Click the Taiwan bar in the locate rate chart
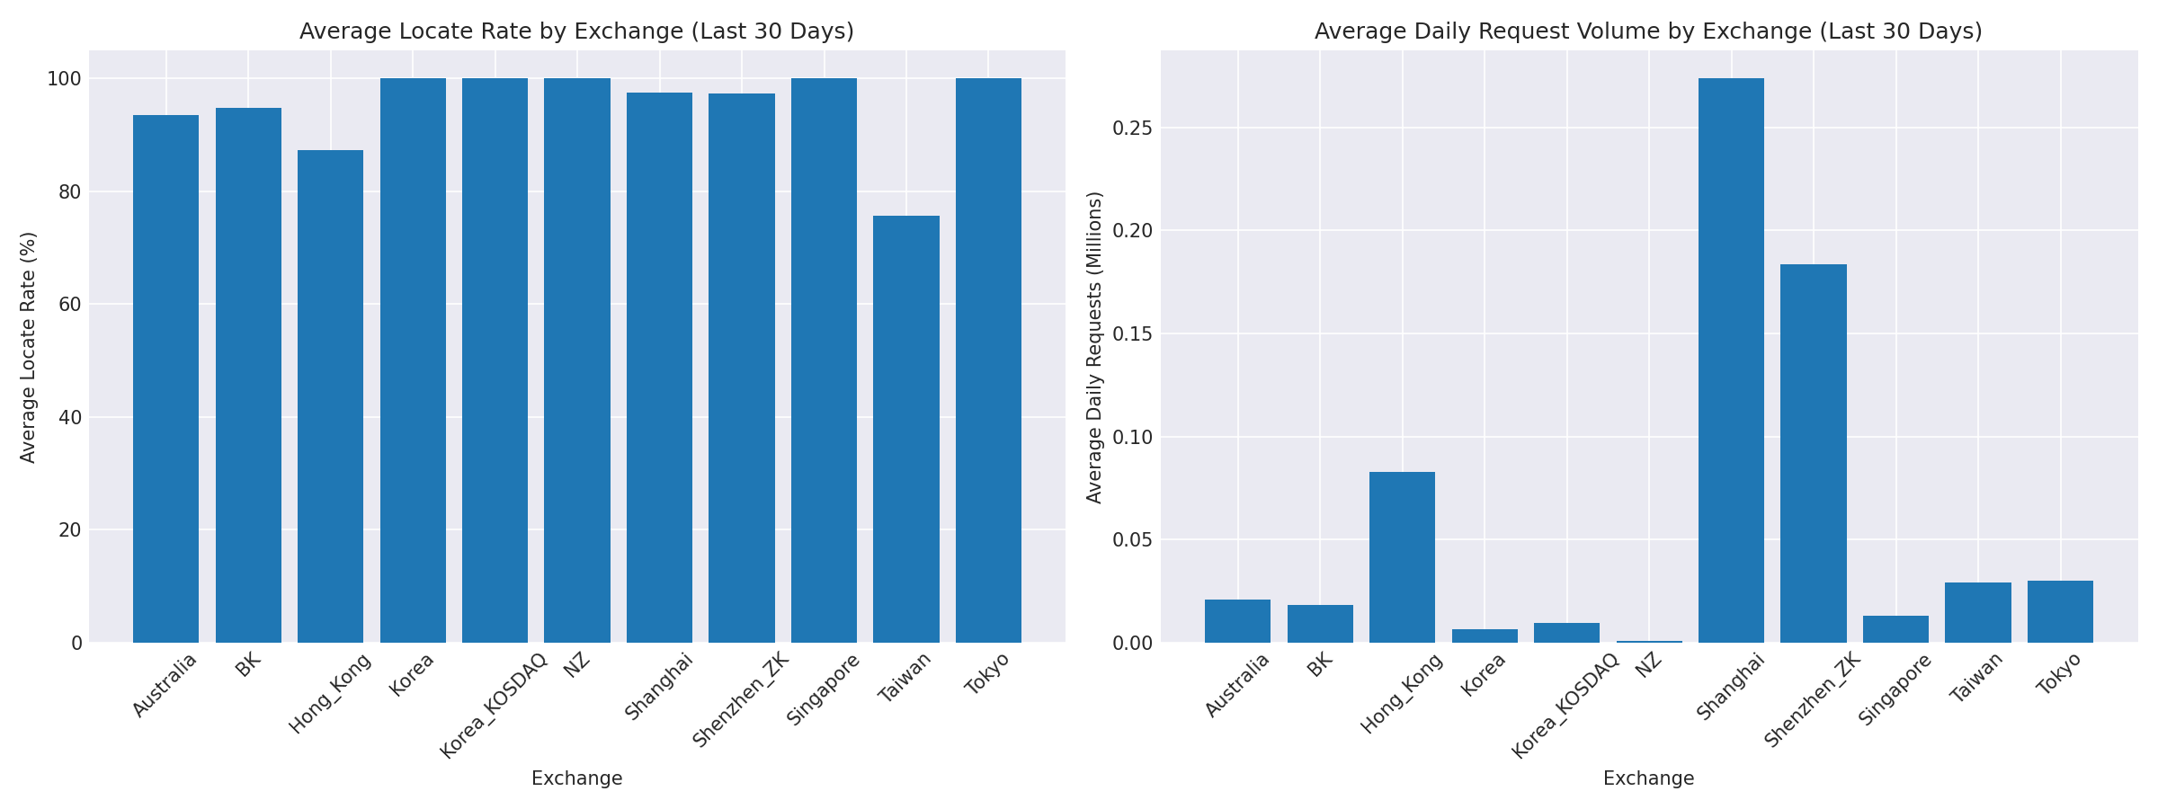point(905,429)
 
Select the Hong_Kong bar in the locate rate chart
point(330,396)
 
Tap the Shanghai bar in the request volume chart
point(1731,360)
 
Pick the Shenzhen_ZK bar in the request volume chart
point(1813,453)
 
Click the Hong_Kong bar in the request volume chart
point(1402,556)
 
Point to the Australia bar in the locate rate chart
point(165,378)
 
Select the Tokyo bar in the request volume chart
point(2060,611)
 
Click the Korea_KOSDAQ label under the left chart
point(494,706)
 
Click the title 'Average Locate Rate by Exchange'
point(576,31)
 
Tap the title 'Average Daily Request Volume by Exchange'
point(1648,31)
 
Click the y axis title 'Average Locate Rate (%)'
point(29,347)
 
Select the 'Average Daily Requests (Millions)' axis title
point(1094,347)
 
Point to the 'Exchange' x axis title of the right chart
point(1648,778)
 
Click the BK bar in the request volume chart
point(1320,623)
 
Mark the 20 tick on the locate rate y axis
point(70,529)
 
